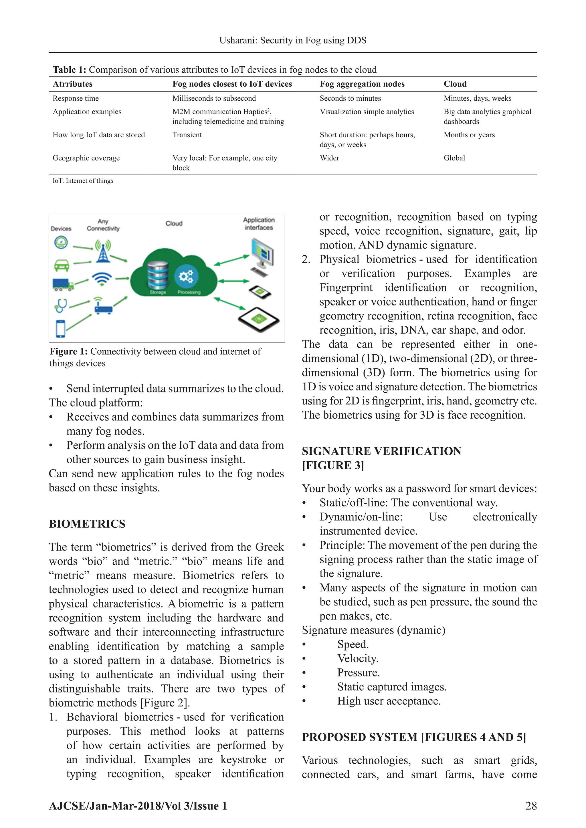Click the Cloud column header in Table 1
pos(455,84)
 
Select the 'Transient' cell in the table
pos(187,135)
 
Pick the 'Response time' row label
pos(76,98)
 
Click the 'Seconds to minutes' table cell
pos(350,98)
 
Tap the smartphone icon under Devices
pos(61,328)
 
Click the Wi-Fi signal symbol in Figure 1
pos(102,279)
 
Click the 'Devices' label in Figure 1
pos(61,229)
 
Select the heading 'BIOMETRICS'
pos(87,524)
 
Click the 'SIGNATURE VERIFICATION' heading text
pos(381,451)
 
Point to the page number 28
pos(531,806)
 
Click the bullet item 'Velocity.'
pos(358,658)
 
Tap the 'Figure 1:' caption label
pos(69,352)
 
